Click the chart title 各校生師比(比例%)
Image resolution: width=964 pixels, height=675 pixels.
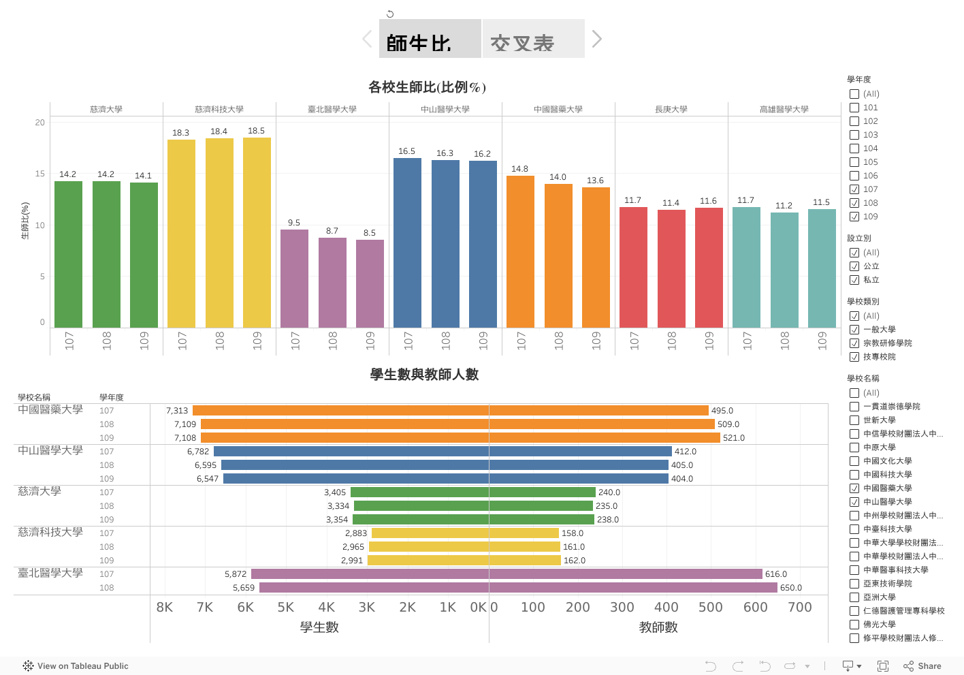coord(427,87)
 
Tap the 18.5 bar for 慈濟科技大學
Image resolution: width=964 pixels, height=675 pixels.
coord(257,232)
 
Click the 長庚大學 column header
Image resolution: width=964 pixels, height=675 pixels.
coord(671,109)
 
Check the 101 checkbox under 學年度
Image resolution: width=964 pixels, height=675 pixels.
coord(854,108)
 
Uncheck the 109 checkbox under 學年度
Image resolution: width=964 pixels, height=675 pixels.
coord(854,217)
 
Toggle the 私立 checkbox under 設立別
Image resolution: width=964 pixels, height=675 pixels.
coord(854,280)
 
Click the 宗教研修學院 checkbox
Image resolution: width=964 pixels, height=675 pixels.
coord(854,343)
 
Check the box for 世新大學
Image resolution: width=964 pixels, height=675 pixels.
coord(854,420)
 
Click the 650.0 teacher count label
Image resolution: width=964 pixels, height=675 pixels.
coord(791,588)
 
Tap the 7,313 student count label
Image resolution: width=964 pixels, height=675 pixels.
coord(177,411)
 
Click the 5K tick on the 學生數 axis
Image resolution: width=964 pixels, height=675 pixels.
coord(286,607)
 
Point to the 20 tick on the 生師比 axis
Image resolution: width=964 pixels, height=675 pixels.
coord(40,123)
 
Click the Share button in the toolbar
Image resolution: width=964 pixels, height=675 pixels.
coord(922,666)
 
